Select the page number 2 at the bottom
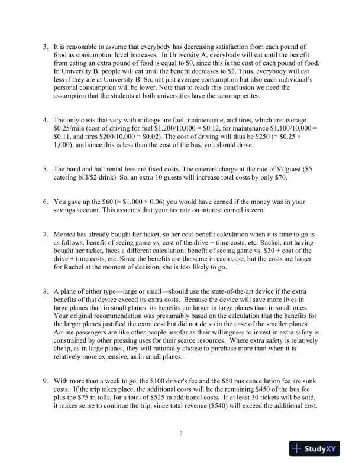[x=181, y=434]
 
